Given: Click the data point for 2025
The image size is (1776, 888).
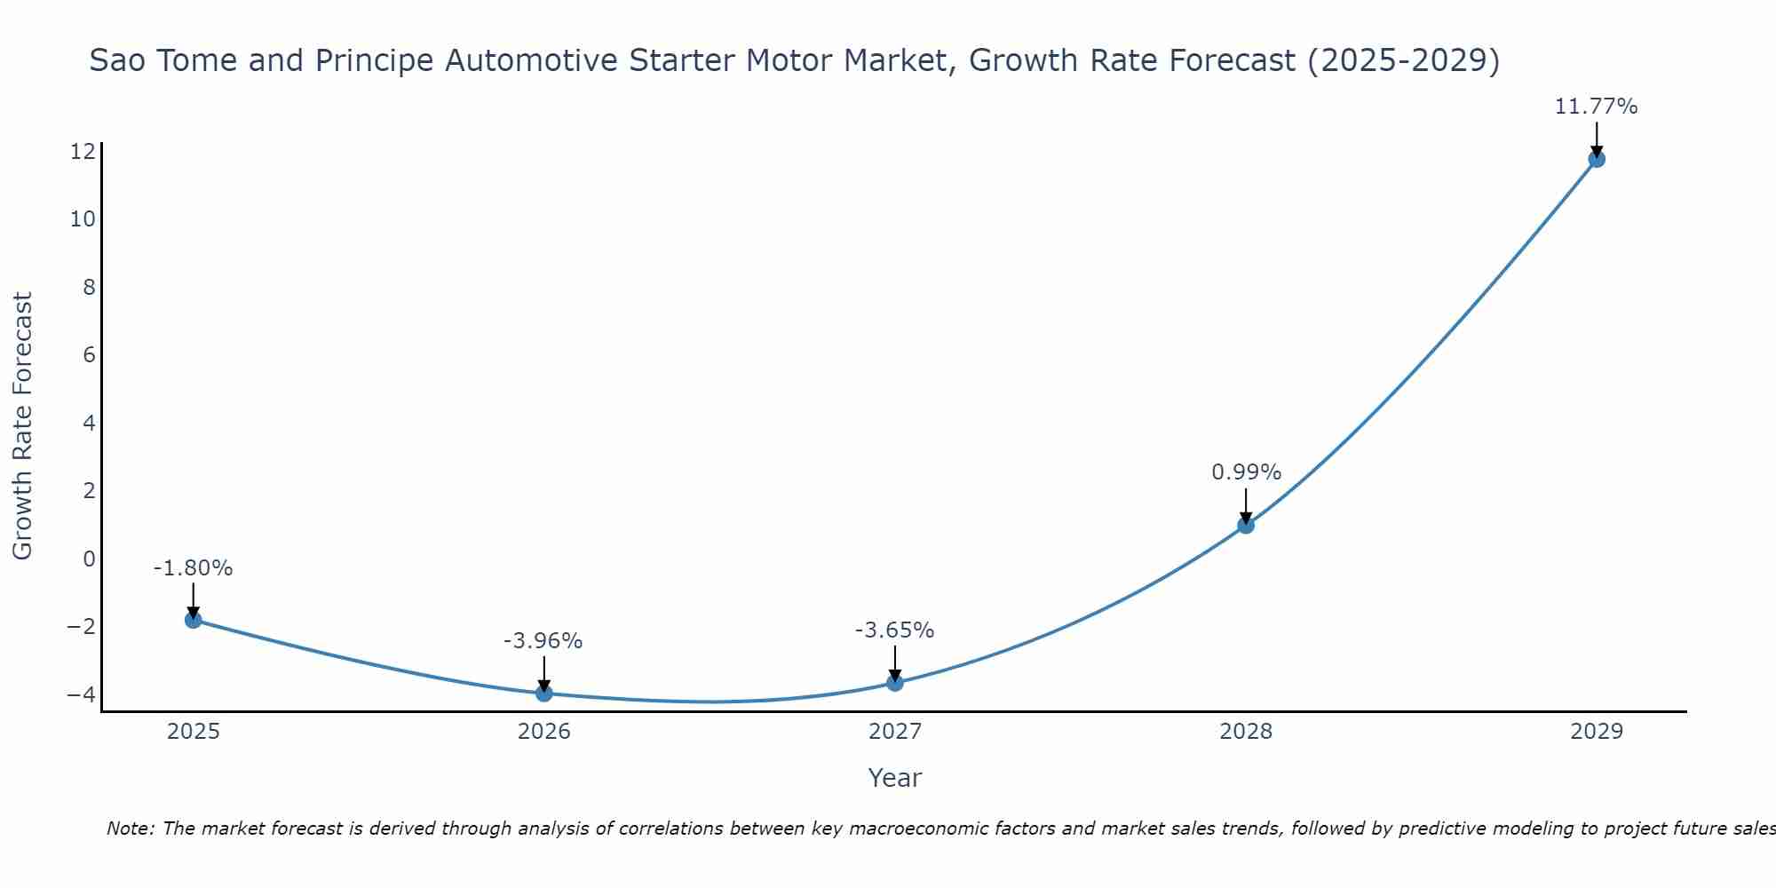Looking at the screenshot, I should point(193,620).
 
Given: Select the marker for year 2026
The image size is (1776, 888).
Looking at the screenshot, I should point(544,694).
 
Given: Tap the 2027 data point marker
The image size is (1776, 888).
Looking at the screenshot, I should point(895,683).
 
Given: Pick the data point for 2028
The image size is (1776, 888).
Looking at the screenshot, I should point(1246,525).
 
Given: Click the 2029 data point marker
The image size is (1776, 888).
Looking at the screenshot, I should point(1597,159).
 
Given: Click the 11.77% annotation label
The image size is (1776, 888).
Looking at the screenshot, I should point(1596,107).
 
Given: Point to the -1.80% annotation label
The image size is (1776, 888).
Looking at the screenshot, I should point(193,568).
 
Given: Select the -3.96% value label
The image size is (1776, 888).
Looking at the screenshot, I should point(543,641).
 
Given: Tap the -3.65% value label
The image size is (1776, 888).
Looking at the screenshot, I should point(894,630).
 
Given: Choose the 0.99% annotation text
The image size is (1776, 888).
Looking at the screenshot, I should point(1246,472).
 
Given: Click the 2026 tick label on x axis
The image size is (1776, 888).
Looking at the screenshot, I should point(544,732).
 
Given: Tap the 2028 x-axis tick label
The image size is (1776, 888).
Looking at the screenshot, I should point(1246,732).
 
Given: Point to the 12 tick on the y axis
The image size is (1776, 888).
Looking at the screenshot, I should point(83,151).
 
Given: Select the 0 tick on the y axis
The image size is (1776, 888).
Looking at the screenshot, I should point(89,559).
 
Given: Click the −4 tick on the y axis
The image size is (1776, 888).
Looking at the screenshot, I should point(81,694).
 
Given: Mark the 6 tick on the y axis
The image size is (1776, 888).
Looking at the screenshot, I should point(89,355).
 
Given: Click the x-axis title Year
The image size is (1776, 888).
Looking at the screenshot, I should point(894,778).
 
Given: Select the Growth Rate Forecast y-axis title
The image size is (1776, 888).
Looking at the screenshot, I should point(22,426).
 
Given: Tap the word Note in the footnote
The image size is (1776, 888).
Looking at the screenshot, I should point(131,829).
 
